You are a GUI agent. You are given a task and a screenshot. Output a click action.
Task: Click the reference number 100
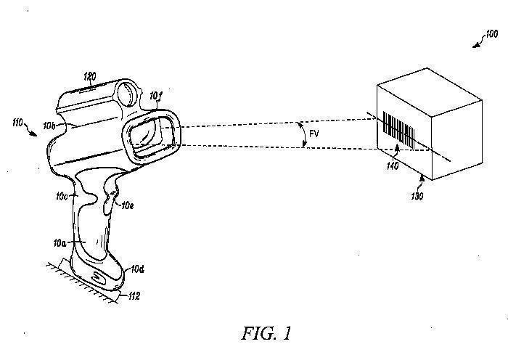pyautogui.click(x=491, y=33)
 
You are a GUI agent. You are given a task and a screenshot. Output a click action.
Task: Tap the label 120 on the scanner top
pyautogui.click(x=89, y=75)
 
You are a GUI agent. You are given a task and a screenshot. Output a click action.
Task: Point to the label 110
pyautogui.click(x=16, y=123)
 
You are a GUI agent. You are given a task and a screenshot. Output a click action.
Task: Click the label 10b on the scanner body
pyautogui.click(x=49, y=126)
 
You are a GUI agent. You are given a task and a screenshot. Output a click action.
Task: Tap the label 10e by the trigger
pyautogui.click(x=128, y=206)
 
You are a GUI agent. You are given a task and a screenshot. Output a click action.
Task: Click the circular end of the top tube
pyautogui.click(x=128, y=94)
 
